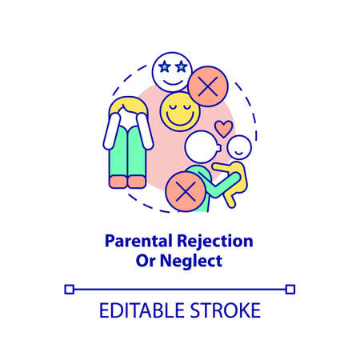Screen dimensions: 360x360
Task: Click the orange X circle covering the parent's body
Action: pos(185,191)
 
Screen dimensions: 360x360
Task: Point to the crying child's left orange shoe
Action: pos(118,182)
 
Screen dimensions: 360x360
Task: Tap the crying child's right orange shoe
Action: pos(138,182)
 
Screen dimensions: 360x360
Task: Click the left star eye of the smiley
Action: pos(162,62)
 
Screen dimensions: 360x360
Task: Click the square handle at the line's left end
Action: pos(69,288)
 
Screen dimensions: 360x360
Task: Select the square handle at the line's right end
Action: pos(290,288)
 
